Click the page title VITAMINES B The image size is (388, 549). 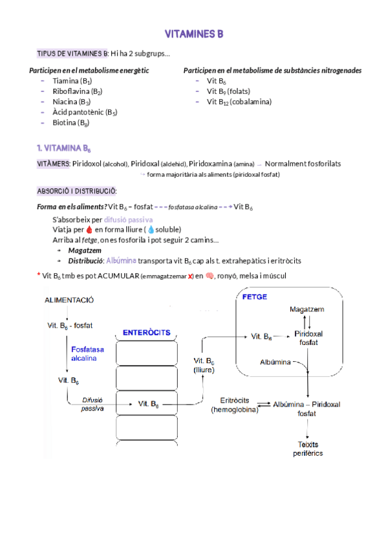click(194, 34)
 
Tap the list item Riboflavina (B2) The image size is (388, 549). click(77, 91)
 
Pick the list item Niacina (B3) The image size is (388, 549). click(71, 102)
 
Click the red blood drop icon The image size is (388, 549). click(89, 230)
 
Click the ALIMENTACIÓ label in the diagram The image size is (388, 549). click(69, 300)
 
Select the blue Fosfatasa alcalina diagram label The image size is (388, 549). click(84, 353)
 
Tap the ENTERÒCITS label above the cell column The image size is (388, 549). click(146, 333)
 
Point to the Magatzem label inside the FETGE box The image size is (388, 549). click(307, 309)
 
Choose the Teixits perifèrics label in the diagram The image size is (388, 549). click(307, 449)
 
